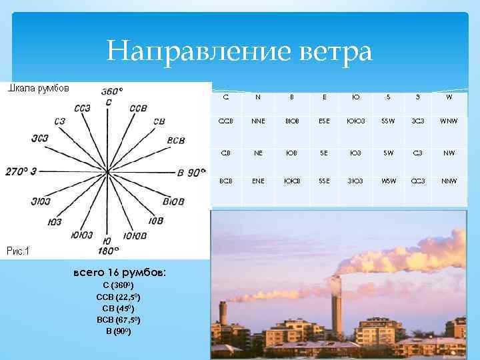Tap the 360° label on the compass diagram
coord(111,91)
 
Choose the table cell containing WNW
coord(448,121)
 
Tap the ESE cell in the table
coord(324,121)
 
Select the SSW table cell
coord(388,121)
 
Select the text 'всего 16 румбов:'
coord(119,273)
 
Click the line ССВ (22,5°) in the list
coord(119,297)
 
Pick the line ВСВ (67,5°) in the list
coord(119,320)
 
